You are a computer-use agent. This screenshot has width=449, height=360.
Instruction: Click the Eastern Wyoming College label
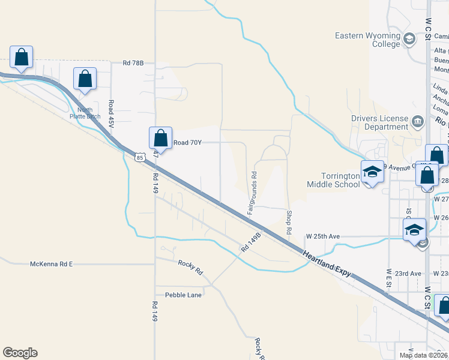click(x=367, y=40)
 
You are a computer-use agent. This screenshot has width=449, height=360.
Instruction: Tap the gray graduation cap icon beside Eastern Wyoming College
click(x=409, y=40)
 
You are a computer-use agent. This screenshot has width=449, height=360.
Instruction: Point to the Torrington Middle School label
click(x=334, y=180)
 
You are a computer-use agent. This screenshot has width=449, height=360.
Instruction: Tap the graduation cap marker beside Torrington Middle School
click(x=372, y=172)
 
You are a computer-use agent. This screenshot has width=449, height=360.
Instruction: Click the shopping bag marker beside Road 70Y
click(x=161, y=138)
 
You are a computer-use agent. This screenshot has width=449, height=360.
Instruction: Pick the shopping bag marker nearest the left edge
click(x=22, y=58)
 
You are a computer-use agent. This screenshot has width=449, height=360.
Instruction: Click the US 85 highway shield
click(x=139, y=157)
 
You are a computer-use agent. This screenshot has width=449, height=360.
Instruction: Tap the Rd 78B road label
click(x=134, y=62)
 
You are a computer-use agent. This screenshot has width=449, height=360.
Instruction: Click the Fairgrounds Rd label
click(x=253, y=193)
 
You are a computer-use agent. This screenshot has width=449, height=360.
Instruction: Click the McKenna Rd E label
click(x=51, y=264)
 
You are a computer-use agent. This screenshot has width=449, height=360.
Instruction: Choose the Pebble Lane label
click(x=184, y=295)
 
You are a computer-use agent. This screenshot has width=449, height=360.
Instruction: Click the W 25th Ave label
click(x=323, y=236)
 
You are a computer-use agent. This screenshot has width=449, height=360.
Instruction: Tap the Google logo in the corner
click(x=20, y=353)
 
